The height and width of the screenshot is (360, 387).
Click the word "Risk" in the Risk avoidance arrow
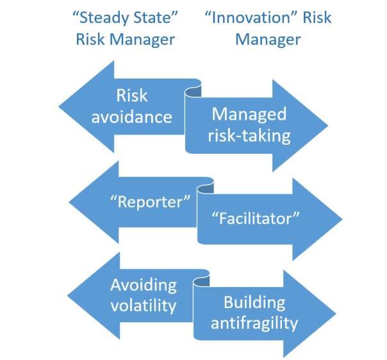(132, 96)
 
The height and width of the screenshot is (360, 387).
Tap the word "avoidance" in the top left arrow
(132, 117)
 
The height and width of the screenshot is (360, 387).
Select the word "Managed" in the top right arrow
(249, 114)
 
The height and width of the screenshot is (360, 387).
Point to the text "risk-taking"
(251, 136)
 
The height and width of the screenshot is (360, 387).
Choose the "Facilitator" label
(256, 218)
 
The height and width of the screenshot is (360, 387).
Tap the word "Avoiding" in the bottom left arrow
(143, 285)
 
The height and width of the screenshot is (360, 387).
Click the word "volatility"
(143, 306)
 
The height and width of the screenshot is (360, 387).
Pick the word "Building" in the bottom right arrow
(254, 302)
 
